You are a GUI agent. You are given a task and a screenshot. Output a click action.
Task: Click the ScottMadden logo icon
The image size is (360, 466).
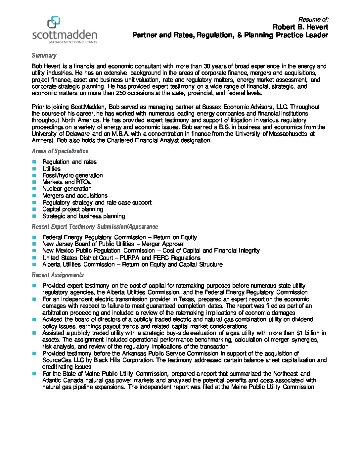(x=54, y=22)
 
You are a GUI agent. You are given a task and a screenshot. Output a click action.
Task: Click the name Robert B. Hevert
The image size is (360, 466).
(x=300, y=27)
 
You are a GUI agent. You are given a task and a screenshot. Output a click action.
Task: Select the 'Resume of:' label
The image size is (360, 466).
(x=313, y=20)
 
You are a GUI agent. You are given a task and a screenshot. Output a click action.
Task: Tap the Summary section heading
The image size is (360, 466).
(x=44, y=56)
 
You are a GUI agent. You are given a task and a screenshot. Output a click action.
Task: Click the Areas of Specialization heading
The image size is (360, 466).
(x=60, y=151)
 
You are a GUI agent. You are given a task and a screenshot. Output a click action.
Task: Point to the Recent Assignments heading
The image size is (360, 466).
(x=58, y=275)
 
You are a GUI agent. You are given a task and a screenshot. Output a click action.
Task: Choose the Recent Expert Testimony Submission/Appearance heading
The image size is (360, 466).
(x=95, y=227)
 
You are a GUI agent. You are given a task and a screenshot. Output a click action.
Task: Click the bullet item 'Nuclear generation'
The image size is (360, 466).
(x=67, y=189)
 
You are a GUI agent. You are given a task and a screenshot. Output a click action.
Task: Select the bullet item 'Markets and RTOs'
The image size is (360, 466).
(x=66, y=182)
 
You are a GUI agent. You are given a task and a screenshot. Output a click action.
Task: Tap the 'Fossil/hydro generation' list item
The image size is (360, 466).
(x=72, y=175)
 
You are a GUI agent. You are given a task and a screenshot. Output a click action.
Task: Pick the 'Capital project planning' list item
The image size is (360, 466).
(x=72, y=209)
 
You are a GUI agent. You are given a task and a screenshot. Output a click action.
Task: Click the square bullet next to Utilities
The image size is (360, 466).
(x=34, y=169)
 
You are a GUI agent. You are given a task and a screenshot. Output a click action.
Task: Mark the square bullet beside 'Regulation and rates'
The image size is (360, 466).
(x=34, y=162)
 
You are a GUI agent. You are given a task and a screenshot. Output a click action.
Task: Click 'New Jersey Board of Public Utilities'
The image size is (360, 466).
(x=88, y=244)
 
